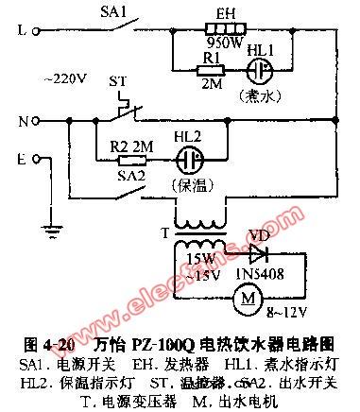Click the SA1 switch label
point(113,13)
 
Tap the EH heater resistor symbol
point(225,29)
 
